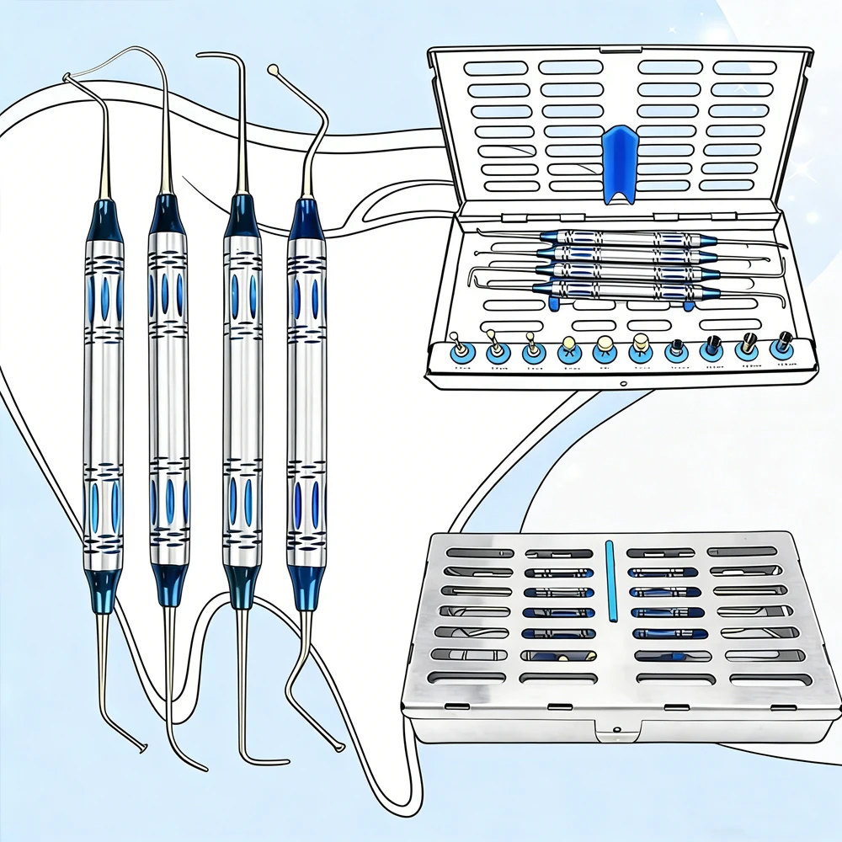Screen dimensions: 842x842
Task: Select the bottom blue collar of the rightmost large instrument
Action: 306,580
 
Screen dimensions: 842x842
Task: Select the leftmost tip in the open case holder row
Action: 459,349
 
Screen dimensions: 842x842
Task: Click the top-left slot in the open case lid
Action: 497,68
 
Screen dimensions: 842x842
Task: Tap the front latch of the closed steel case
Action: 616,731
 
